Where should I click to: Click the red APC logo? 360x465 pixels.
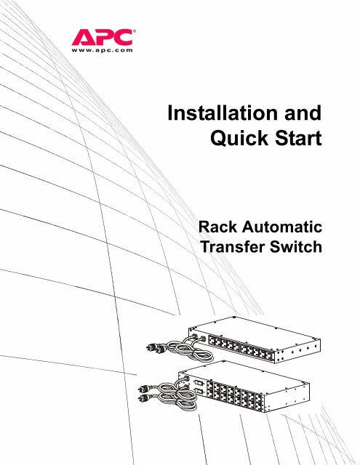[x=102, y=37]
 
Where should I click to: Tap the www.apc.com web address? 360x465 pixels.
[x=102, y=50]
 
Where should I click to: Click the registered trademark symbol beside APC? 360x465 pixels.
[x=134, y=31]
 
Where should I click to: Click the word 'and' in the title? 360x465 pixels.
[x=303, y=113]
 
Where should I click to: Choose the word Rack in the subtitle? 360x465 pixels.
[x=218, y=227]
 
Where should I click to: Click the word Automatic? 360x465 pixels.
[x=282, y=227]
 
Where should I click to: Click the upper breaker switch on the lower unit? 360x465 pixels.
[x=198, y=383]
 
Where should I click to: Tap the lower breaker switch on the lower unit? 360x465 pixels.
[x=199, y=391]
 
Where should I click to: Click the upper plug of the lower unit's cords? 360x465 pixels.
[x=145, y=389]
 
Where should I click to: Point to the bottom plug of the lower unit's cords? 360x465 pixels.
[x=144, y=397]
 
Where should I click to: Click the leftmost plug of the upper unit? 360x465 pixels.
[x=152, y=347]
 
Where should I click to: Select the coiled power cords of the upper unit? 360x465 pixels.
[x=190, y=350]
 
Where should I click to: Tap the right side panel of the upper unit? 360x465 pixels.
[x=297, y=352]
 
